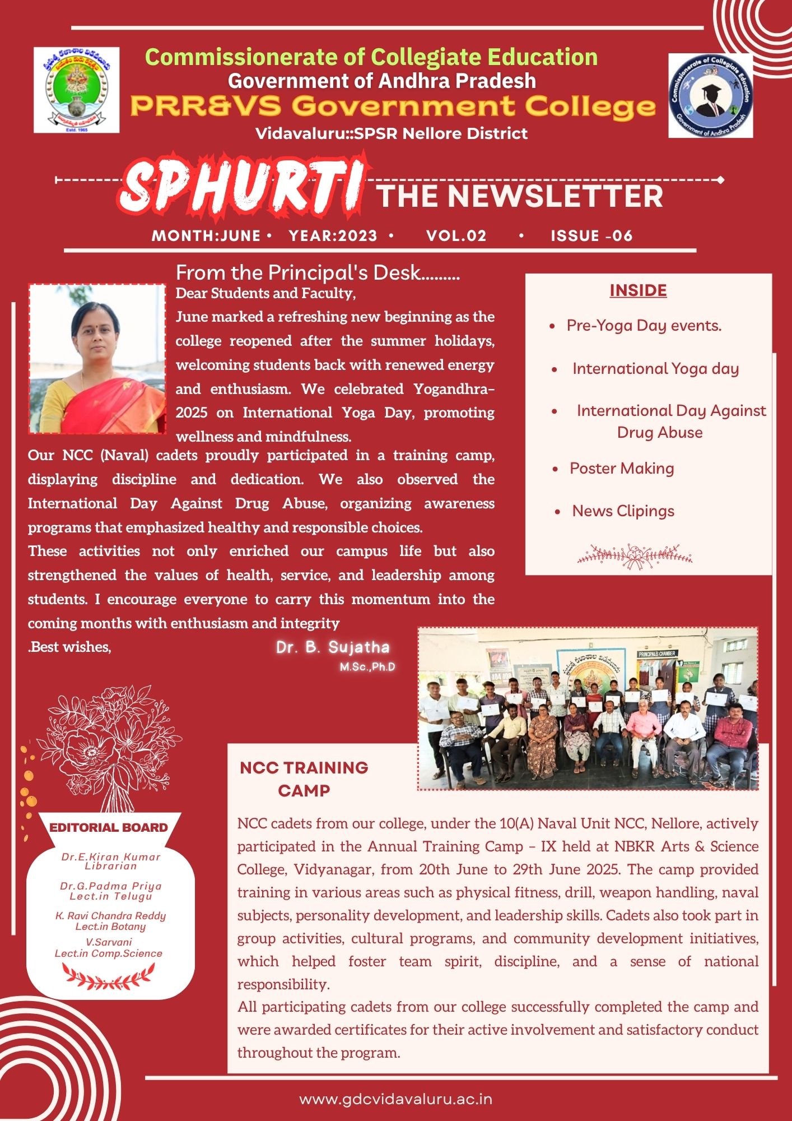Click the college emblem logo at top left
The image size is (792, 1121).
[77, 90]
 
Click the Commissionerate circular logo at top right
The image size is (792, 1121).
[710, 95]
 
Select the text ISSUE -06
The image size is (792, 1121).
[591, 235]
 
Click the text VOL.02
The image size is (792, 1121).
[456, 235]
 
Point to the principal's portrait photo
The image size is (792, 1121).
[97, 359]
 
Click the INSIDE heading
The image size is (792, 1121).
[638, 290]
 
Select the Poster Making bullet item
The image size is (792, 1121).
[622, 469]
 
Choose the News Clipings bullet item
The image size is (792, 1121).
[623, 511]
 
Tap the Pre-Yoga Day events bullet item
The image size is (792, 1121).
[644, 326]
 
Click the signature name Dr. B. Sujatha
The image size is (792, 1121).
[333, 647]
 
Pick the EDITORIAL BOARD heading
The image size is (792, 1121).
[109, 827]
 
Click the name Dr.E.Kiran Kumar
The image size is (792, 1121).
[111, 857]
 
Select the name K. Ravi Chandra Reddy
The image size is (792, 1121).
[111, 916]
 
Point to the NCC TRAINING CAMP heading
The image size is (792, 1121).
[304, 779]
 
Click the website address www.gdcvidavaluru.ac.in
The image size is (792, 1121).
[396, 1099]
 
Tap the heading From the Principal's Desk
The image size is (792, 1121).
[318, 273]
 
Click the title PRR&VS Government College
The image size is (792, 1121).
[393, 106]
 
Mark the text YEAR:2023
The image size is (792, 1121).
[333, 235]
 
